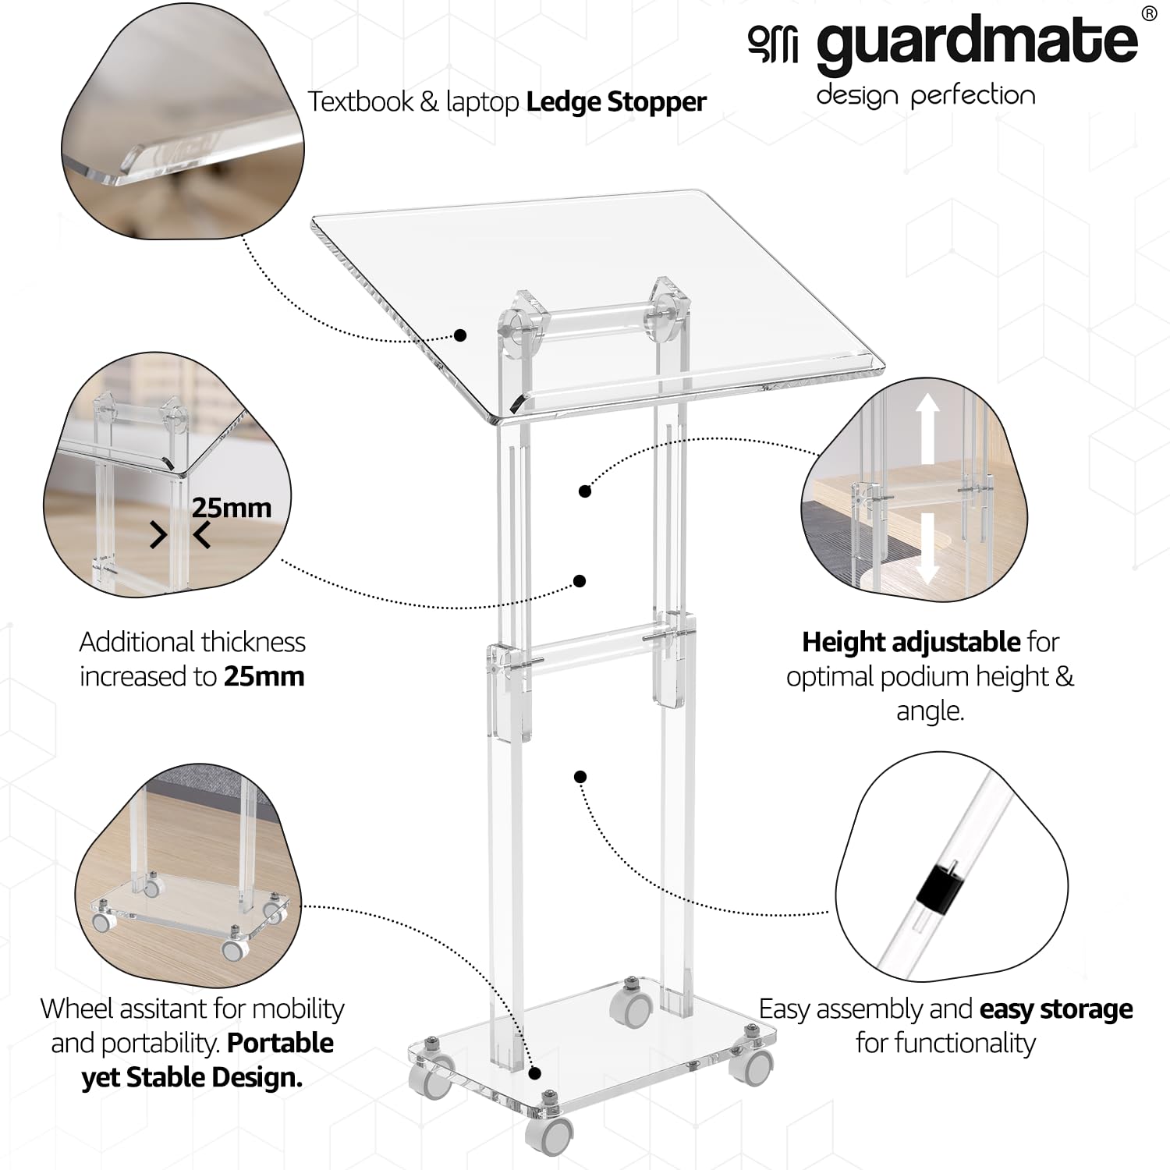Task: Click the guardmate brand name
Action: click(x=977, y=44)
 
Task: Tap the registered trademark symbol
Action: click(x=1147, y=13)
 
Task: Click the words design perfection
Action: click(x=925, y=96)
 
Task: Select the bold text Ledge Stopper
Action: click(x=616, y=102)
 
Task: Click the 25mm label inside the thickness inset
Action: click(x=232, y=508)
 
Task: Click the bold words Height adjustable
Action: click(x=911, y=642)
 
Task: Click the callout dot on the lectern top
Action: click(x=460, y=335)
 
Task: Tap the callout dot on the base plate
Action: click(x=534, y=1074)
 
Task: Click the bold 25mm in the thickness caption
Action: click(x=264, y=676)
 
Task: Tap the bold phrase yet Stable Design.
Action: click(x=192, y=1077)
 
